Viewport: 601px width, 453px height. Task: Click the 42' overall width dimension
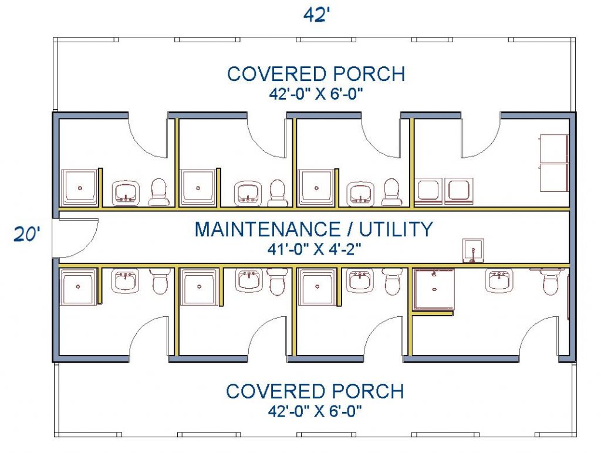[x=316, y=15]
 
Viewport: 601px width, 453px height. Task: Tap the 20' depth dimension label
[x=27, y=234]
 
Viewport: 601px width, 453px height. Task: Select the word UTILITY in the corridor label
[x=396, y=229]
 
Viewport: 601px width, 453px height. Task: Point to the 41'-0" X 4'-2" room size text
[x=315, y=249]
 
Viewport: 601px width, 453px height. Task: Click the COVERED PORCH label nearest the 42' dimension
[x=316, y=74]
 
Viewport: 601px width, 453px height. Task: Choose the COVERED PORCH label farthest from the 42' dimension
[x=315, y=391]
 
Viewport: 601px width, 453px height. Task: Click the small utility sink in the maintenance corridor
[x=473, y=251]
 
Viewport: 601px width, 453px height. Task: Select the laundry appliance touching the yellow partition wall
[x=428, y=191]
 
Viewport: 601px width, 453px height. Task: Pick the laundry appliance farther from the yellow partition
[x=458, y=191]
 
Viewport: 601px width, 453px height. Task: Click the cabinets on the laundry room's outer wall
[x=554, y=163]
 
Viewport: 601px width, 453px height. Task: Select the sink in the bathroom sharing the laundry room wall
[x=361, y=193]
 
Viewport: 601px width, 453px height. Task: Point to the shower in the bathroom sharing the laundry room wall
[x=316, y=188]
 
